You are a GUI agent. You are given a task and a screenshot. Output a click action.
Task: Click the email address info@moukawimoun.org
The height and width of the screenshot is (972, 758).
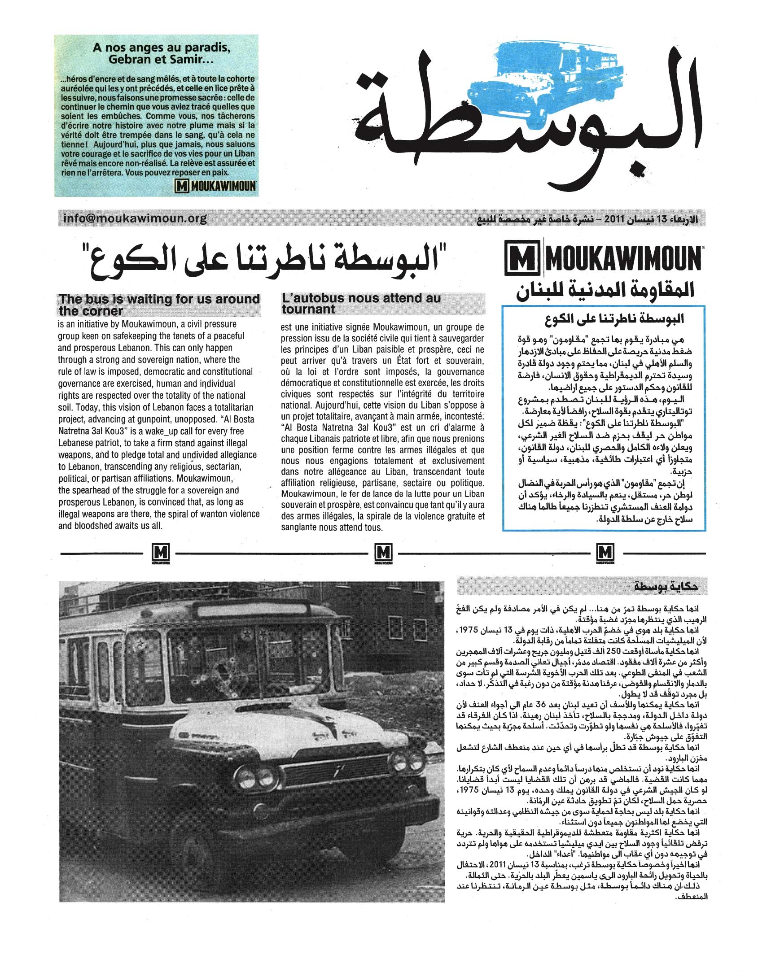[x=135, y=218]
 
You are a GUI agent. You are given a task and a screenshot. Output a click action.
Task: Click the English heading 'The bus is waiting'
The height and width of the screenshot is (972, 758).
[x=159, y=305]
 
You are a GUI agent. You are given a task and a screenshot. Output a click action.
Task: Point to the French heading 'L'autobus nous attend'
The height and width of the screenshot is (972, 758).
[x=361, y=303]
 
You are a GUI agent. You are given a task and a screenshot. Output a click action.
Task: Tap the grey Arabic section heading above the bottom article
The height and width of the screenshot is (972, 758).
[x=665, y=587]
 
